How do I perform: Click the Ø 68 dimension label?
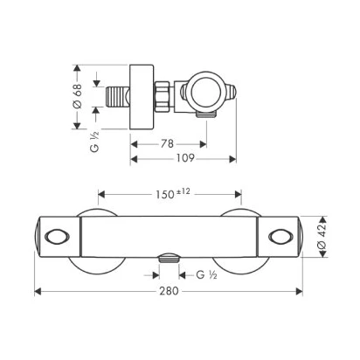coord(78,96)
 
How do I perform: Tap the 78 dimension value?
coord(167,143)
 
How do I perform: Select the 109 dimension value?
coord(185,158)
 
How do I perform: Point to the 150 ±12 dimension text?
coord(172,194)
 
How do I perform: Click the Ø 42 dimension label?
coord(322,236)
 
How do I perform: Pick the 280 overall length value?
coord(169,291)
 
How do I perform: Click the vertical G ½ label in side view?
coord(94,142)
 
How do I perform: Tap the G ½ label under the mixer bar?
coord(206,274)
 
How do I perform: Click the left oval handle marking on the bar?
coord(57,237)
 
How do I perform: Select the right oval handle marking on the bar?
coord(280,237)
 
